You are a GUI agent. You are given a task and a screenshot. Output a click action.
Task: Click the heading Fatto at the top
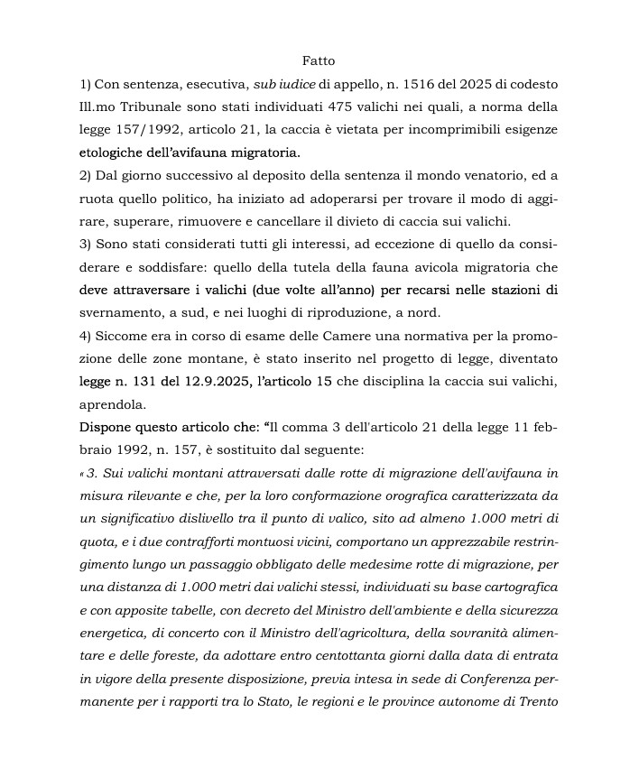[319, 61]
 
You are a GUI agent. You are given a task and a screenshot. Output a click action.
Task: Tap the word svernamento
[119, 312]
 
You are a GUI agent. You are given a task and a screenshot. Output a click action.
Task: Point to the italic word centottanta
[350, 655]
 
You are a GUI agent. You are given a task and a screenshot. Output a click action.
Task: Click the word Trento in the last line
[539, 700]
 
